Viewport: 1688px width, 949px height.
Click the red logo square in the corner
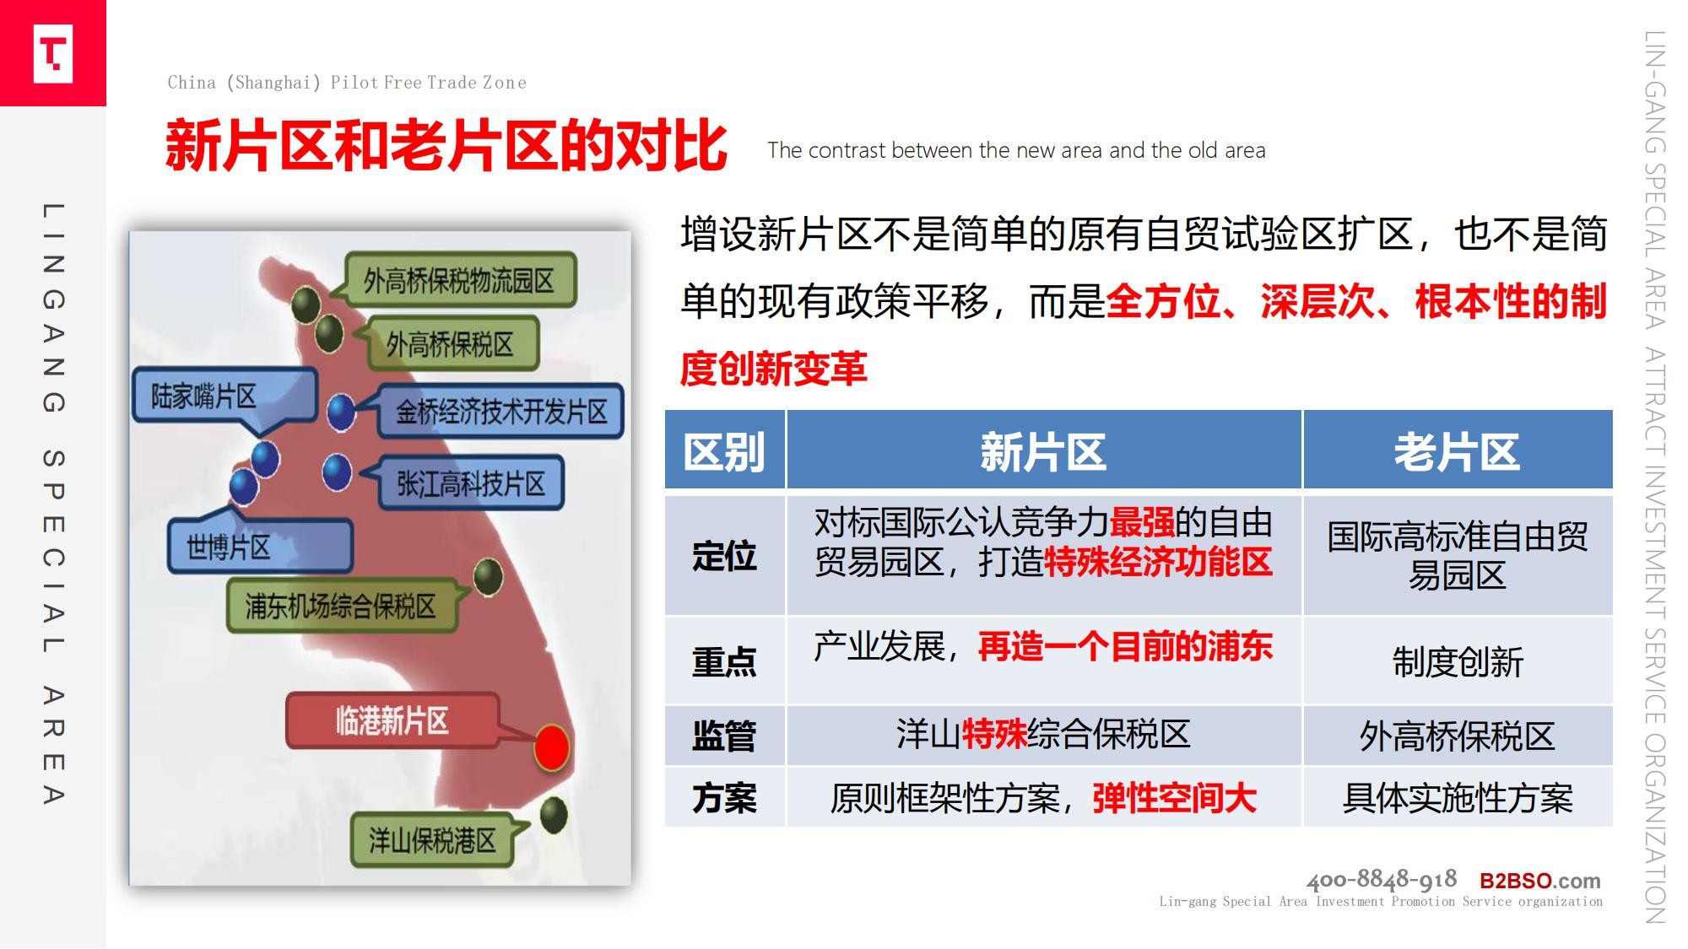pos(52,52)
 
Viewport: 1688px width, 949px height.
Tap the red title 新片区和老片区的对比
pos(446,146)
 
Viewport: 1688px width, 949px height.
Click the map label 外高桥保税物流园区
pos(460,280)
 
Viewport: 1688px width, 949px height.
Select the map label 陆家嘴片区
pos(224,395)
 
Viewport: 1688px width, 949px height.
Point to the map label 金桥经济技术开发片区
pos(501,411)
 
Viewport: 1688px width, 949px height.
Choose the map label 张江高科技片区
pos(471,483)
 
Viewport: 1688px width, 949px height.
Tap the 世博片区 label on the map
pos(259,547)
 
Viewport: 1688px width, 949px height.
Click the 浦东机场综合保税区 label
pos(342,606)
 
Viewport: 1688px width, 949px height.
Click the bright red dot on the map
pos(552,747)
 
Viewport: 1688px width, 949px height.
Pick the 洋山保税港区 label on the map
pos(432,840)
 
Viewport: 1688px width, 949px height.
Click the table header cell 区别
pos(725,450)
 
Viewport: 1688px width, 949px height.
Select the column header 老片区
pos(1458,450)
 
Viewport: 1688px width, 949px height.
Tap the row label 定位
pos(725,556)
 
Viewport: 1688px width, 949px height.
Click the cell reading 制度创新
pos(1458,661)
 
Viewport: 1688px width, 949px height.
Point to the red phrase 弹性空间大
pos(1175,797)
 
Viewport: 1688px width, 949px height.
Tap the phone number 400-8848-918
pos(1382,880)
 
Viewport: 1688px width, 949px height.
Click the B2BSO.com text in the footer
pos(1540,881)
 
